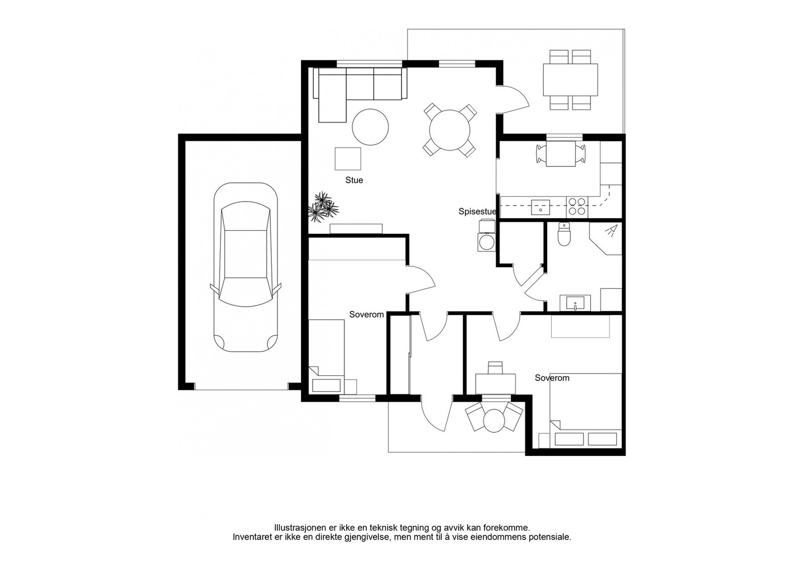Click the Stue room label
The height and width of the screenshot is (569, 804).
click(x=354, y=180)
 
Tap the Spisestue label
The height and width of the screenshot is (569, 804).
click(x=477, y=212)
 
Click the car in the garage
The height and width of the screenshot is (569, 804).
click(x=246, y=267)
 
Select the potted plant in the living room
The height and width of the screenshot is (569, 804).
click(x=323, y=207)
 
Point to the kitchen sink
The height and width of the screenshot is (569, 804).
click(x=540, y=207)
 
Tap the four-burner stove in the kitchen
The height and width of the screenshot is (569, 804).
click(x=577, y=207)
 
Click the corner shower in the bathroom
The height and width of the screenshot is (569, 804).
click(x=607, y=238)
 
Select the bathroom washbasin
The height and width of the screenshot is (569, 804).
click(x=575, y=303)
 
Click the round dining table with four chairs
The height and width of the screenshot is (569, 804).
click(x=450, y=130)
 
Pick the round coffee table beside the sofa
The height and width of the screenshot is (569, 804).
click(x=370, y=127)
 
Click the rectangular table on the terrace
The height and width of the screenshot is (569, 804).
click(x=570, y=79)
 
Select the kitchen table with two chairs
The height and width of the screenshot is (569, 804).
click(x=561, y=154)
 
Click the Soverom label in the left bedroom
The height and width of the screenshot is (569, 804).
click(x=366, y=315)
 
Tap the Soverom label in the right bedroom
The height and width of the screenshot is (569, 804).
click(x=552, y=378)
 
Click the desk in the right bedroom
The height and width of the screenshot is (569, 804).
click(x=495, y=384)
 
